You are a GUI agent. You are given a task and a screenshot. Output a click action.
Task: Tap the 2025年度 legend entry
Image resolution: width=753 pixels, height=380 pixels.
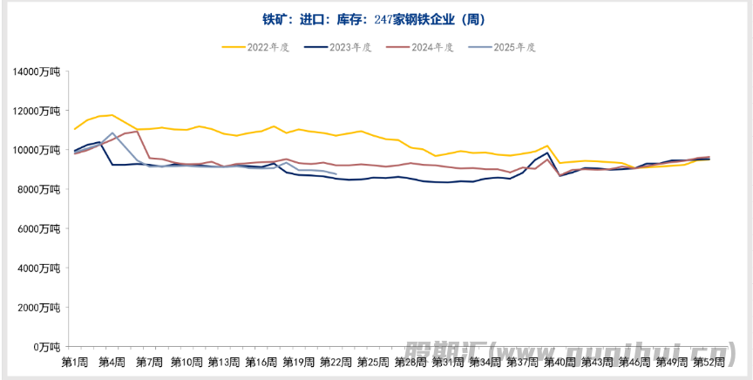click(x=506, y=47)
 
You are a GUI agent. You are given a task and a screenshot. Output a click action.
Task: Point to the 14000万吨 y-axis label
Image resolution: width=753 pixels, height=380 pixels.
click(x=37, y=71)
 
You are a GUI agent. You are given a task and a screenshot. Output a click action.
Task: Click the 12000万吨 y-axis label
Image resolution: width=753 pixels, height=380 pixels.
click(x=37, y=111)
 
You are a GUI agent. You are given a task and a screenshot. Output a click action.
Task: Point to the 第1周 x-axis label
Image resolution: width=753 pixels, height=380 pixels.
click(x=75, y=361)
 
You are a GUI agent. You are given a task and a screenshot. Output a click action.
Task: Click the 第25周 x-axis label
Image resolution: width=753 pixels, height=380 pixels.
click(x=373, y=361)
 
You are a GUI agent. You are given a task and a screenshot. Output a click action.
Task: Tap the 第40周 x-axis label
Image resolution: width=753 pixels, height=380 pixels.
click(x=560, y=361)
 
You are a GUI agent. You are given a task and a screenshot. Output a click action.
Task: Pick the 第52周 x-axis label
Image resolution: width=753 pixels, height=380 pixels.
click(x=709, y=361)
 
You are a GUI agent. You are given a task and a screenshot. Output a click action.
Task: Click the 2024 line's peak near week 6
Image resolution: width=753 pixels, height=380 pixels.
click(x=138, y=132)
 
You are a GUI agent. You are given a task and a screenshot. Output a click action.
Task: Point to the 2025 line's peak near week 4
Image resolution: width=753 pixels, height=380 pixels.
click(x=112, y=133)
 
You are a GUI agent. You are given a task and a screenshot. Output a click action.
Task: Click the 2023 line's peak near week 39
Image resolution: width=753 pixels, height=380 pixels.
click(x=547, y=153)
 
